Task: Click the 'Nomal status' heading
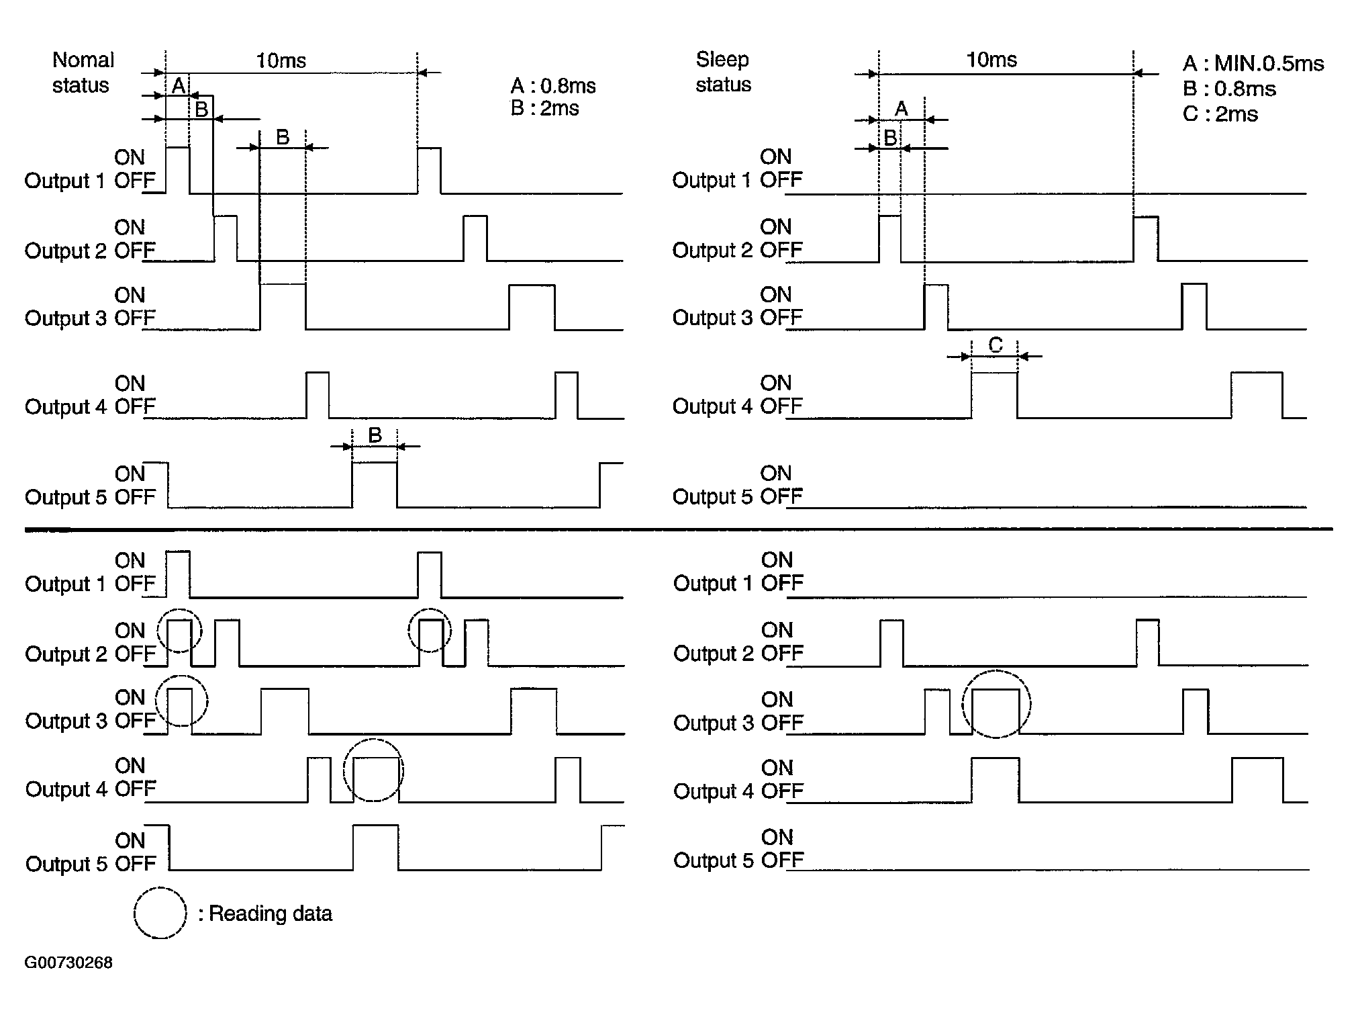(83, 73)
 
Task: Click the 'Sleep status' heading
(723, 72)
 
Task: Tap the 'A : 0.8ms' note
(553, 86)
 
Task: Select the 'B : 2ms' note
(544, 108)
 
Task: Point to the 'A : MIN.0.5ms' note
(1253, 64)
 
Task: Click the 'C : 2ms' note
(1220, 114)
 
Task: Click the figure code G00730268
(68, 963)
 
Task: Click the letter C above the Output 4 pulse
(996, 345)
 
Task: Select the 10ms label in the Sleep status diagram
(991, 60)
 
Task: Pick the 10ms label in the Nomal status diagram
(281, 61)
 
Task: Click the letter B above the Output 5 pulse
(375, 435)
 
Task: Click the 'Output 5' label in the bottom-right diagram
(714, 860)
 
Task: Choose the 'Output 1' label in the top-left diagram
(64, 181)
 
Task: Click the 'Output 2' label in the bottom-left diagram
(66, 654)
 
